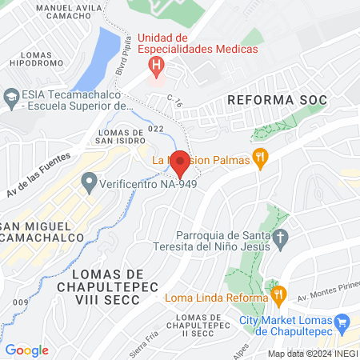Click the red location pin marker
pos(181,163)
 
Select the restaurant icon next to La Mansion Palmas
pos(260,158)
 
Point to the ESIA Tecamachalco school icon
pos(11,98)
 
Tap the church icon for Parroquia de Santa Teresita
pos(280,238)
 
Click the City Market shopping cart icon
pos(343,322)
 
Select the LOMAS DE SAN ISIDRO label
pos(120,137)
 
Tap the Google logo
pos(26,350)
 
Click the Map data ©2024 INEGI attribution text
pos(312,354)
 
